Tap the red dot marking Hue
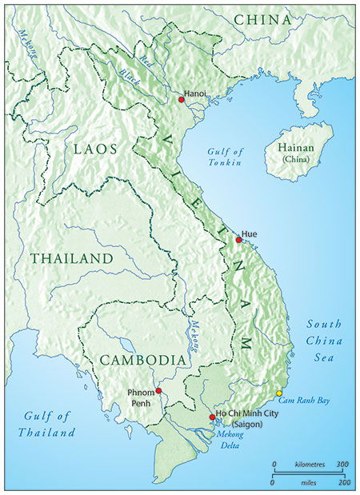[238, 240]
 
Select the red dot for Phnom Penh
[159, 390]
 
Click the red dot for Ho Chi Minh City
[211, 417]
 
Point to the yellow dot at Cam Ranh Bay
[279, 393]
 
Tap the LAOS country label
[95, 149]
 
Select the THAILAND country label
[72, 259]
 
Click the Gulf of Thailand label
[48, 424]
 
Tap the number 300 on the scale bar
[342, 464]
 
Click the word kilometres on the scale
[308, 464]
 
